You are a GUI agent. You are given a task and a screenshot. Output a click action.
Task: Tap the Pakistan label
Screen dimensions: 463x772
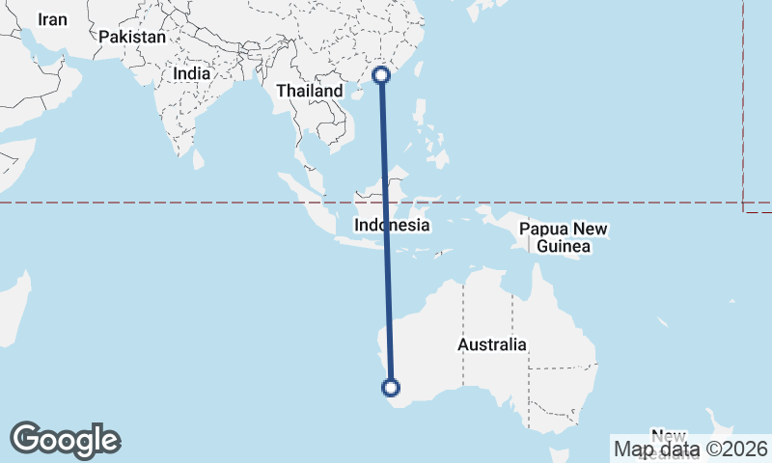pos(132,38)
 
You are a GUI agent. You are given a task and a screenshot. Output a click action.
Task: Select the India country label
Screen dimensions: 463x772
pos(191,73)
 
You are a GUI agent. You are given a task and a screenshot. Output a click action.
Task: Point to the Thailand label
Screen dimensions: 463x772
pos(309,91)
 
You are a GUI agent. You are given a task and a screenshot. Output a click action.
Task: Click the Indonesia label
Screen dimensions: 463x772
pos(392,226)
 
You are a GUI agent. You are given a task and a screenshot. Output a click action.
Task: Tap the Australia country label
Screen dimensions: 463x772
pos(492,344)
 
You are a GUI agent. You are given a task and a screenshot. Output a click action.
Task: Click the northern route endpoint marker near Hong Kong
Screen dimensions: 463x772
pos(382,74)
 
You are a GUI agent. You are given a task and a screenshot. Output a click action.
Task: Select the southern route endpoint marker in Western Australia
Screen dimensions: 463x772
pos(391,388)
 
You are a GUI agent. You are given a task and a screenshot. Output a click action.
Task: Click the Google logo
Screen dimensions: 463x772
pos(66,440)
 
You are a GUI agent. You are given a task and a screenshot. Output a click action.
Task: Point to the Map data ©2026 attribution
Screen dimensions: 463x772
pos(691,449)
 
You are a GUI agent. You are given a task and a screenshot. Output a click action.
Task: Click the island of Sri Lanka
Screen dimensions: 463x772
pos(200,157)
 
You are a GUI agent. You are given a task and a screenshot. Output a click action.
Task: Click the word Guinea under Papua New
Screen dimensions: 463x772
pos(564,248)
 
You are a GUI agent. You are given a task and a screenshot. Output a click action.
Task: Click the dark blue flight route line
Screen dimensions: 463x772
pos(386,231)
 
